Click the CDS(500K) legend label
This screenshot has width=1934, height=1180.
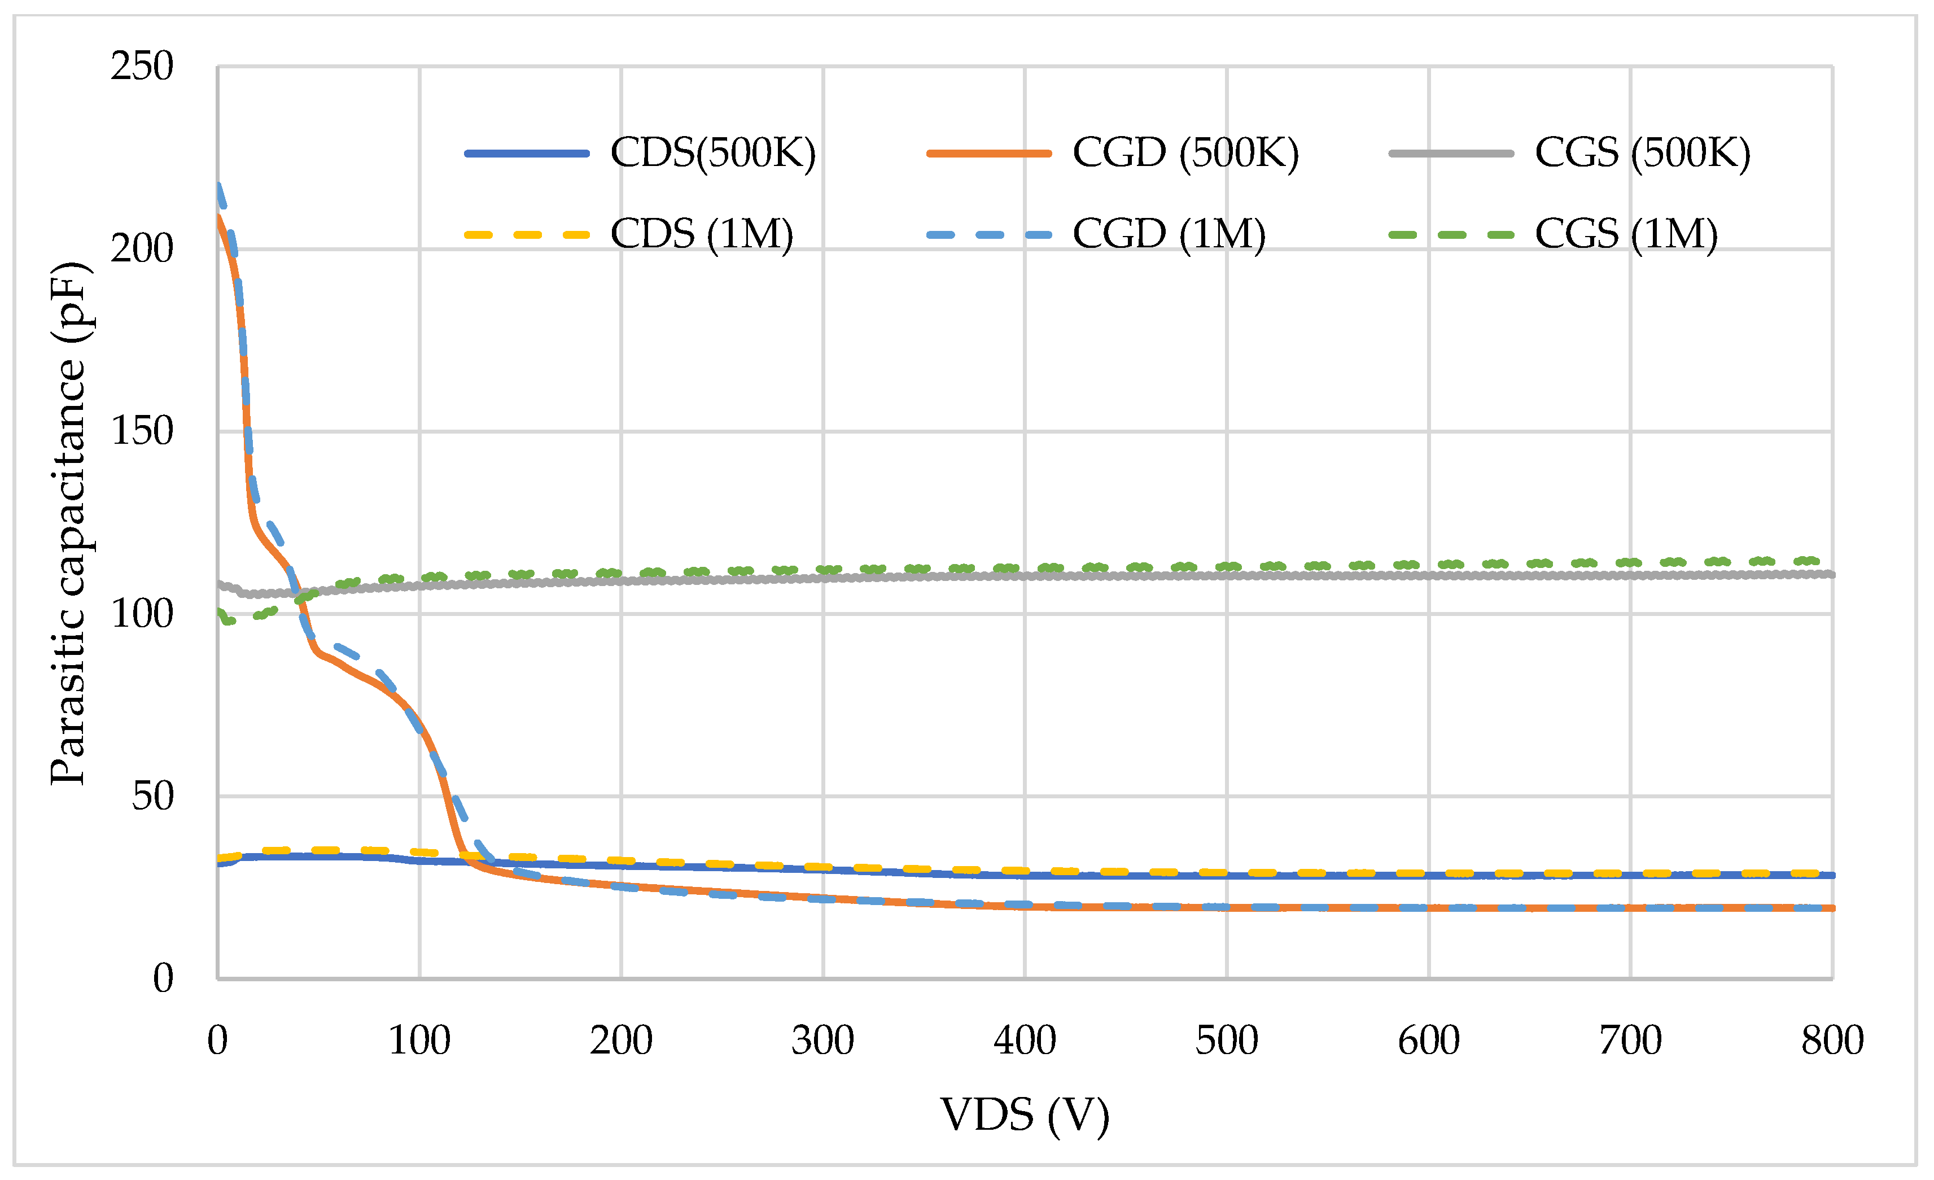coord(713,153)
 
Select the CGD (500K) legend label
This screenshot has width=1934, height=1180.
coord(1185,153)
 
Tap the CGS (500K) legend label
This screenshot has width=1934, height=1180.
coord(1642,153)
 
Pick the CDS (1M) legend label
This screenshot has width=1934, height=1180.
coord(702,234)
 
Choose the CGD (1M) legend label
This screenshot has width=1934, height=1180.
coord(1169,234)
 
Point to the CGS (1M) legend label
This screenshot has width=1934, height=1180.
coord(1626,234)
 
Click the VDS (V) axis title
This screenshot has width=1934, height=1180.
coord(1025,1115)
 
